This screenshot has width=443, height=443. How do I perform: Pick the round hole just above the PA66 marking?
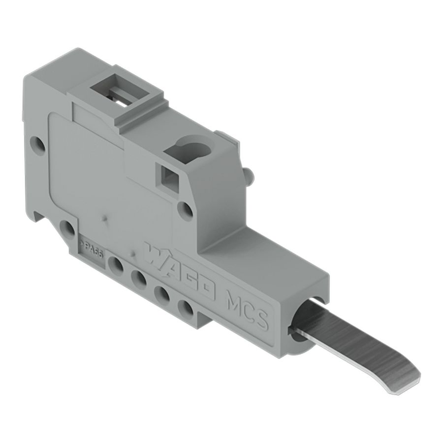tap(66, 227)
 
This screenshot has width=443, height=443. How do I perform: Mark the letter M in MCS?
tap(231, 300)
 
